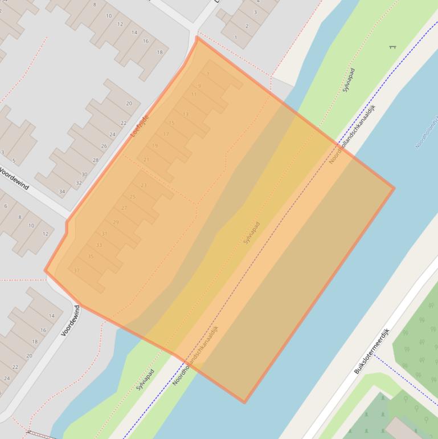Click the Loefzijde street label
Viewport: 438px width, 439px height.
pos(140,125)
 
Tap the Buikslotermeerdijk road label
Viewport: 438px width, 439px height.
pos(371,351)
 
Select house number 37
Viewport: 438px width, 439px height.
pos(77,270)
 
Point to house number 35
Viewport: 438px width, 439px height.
pos(91,257)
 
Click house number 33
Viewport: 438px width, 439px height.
pos(99,245)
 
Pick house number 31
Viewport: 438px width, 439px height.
pos(104,234)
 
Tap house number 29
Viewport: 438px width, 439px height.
pos(116,222)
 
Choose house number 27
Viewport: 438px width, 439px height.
pos(124,208)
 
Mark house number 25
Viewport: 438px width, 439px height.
pos(133,197)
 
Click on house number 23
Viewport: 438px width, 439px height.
pos(144,185)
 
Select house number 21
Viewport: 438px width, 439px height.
pos(146,160)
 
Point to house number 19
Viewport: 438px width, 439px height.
pos(155,146)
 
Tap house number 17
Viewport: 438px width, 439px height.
pos(166,134)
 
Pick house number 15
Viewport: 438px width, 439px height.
pos(171,123)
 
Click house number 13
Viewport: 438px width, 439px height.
pos(186,115)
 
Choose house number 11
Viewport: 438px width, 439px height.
pos(194,95)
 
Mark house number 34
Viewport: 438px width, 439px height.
pos(62,192)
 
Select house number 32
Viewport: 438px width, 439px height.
pos(79,183)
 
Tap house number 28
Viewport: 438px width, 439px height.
pos(96,160)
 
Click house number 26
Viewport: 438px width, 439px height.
pos(104,147)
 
